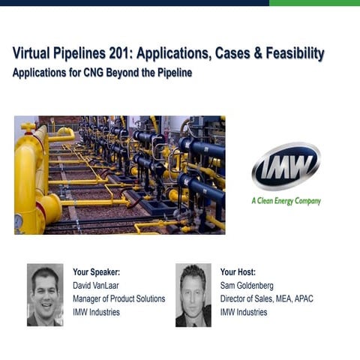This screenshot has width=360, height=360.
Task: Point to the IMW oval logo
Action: tap(286, 166)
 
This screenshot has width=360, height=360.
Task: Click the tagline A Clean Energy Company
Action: tap(286, 201)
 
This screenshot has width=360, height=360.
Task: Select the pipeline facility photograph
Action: tap(119, 175)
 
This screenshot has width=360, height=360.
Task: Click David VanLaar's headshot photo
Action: tap(45, 295)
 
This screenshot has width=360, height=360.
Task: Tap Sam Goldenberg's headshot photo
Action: tap(193, 295)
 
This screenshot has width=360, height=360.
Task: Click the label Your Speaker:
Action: tap(96, 272)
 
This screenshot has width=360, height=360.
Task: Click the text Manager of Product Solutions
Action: tap(118, 299)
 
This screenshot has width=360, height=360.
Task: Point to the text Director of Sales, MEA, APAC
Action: tap(266, 299)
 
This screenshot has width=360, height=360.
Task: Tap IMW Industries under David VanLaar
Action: tap(96, 312)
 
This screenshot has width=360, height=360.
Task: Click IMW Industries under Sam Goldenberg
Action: tap(244, 312)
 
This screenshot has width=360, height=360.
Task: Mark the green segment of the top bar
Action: tap(314, 3)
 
